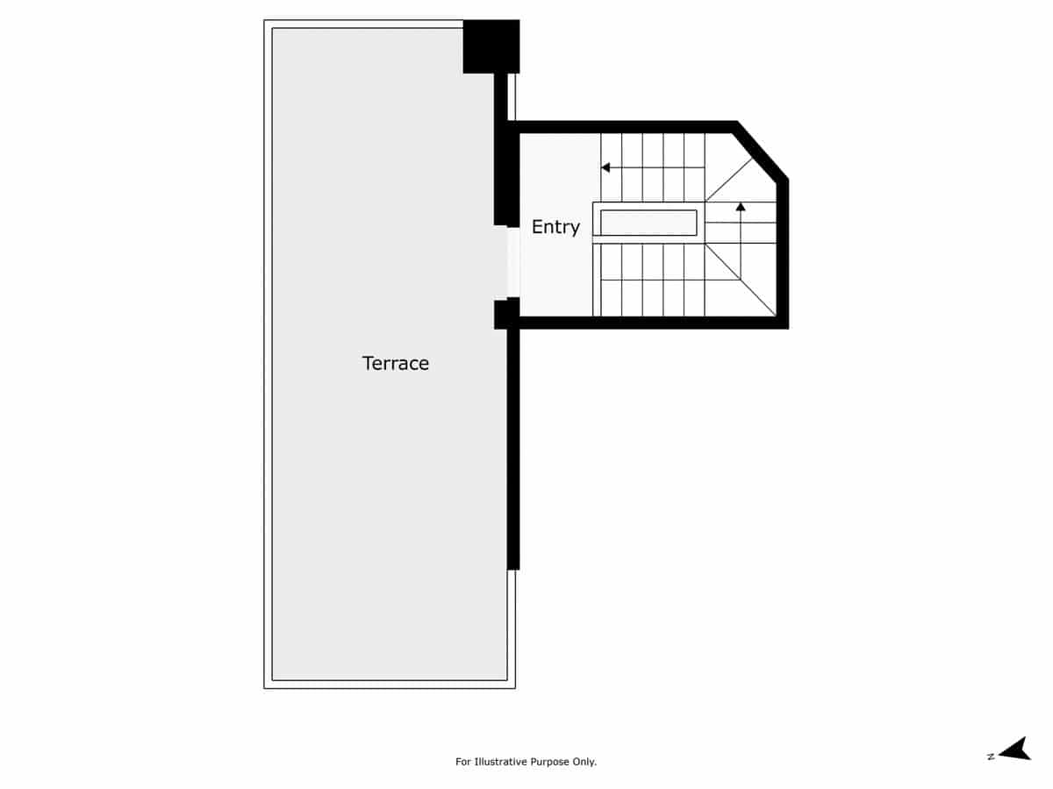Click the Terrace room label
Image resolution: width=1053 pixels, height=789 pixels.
396,363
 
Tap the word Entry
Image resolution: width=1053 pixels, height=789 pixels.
555,227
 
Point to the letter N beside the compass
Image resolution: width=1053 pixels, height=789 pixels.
990,757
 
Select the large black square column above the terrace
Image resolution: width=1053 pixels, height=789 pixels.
491,46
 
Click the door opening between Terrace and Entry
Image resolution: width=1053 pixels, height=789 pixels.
513,262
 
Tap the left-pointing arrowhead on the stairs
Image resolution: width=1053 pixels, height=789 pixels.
605,167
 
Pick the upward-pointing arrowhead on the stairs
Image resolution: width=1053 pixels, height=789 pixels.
741,207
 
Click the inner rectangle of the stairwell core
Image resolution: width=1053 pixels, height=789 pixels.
648,223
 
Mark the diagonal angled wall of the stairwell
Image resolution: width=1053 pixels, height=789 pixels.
760,152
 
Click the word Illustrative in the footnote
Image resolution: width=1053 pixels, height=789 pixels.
502,762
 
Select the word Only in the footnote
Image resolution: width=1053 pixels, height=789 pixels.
584,762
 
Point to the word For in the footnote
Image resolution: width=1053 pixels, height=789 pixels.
463,762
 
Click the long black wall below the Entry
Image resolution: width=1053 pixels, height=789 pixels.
513,447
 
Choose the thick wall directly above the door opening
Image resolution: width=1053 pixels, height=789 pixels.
502,175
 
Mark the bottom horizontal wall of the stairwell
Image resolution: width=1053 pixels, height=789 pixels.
649,323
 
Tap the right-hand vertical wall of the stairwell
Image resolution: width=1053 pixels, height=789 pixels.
783,254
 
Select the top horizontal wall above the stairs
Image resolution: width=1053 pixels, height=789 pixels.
623,127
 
